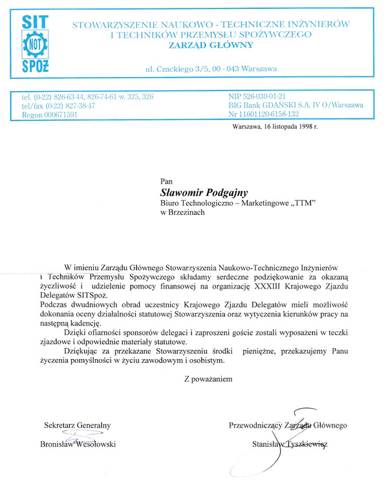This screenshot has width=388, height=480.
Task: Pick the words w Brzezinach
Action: pyautogui.click(x=183, y=213)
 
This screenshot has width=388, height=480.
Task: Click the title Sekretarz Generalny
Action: pyautogui.click(x=78, y=425)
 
